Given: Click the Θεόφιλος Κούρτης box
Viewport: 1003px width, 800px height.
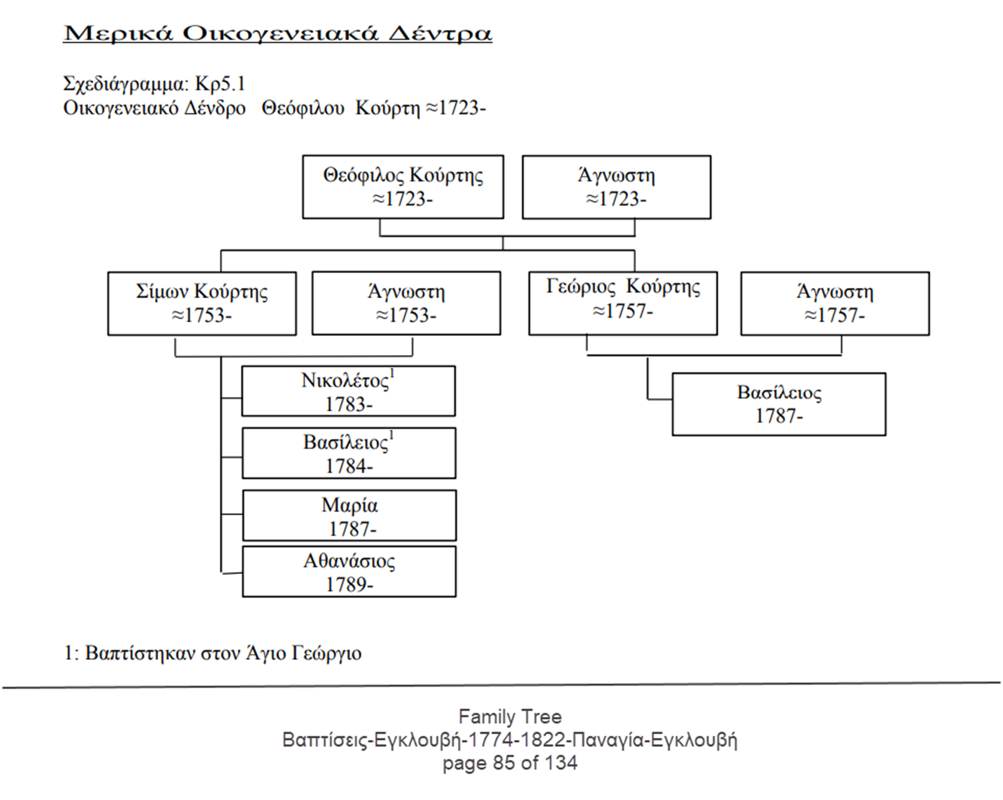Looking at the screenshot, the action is tap(403, 187).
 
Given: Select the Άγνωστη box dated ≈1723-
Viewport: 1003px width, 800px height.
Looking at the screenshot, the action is tap(616, 187).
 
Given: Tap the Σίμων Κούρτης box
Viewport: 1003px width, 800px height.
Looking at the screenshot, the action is tap(202, 303).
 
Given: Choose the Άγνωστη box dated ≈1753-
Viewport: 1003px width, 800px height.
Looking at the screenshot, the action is tap(406, 303).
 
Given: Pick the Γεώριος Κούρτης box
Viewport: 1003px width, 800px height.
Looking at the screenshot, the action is tap(623, 303).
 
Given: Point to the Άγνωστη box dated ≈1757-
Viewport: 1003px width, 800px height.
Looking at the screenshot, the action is tap(835, 303).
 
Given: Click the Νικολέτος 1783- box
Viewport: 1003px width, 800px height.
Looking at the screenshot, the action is tap(349, 391).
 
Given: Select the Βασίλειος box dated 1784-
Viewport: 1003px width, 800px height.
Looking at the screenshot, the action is tap(349, 453).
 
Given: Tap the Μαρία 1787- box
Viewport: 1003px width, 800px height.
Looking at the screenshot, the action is tap(350, 515).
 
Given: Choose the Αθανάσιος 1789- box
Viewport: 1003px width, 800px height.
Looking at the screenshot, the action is tap(350, 571).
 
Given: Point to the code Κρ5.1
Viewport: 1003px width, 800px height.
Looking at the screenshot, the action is tap(220, 84).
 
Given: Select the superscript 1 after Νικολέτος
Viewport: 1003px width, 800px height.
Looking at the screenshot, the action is tap(392, 373).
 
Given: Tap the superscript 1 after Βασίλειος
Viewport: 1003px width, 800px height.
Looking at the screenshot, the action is tap(392, 436).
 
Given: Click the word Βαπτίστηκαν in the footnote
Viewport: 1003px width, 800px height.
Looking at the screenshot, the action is tap(140, 653).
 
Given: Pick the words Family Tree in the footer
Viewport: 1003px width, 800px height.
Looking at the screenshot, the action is tap(510, 717).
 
